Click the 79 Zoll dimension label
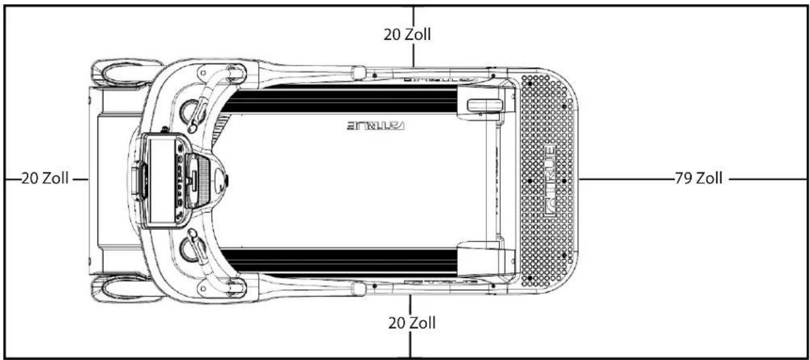coord(699,178)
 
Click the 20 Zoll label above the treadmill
coord(407,35)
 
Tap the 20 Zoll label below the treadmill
coord(412,323)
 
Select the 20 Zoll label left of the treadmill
coord(45,178)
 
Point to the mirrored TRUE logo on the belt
coord(376,126)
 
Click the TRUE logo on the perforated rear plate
coord(550,181)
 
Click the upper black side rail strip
coord(340,99)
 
